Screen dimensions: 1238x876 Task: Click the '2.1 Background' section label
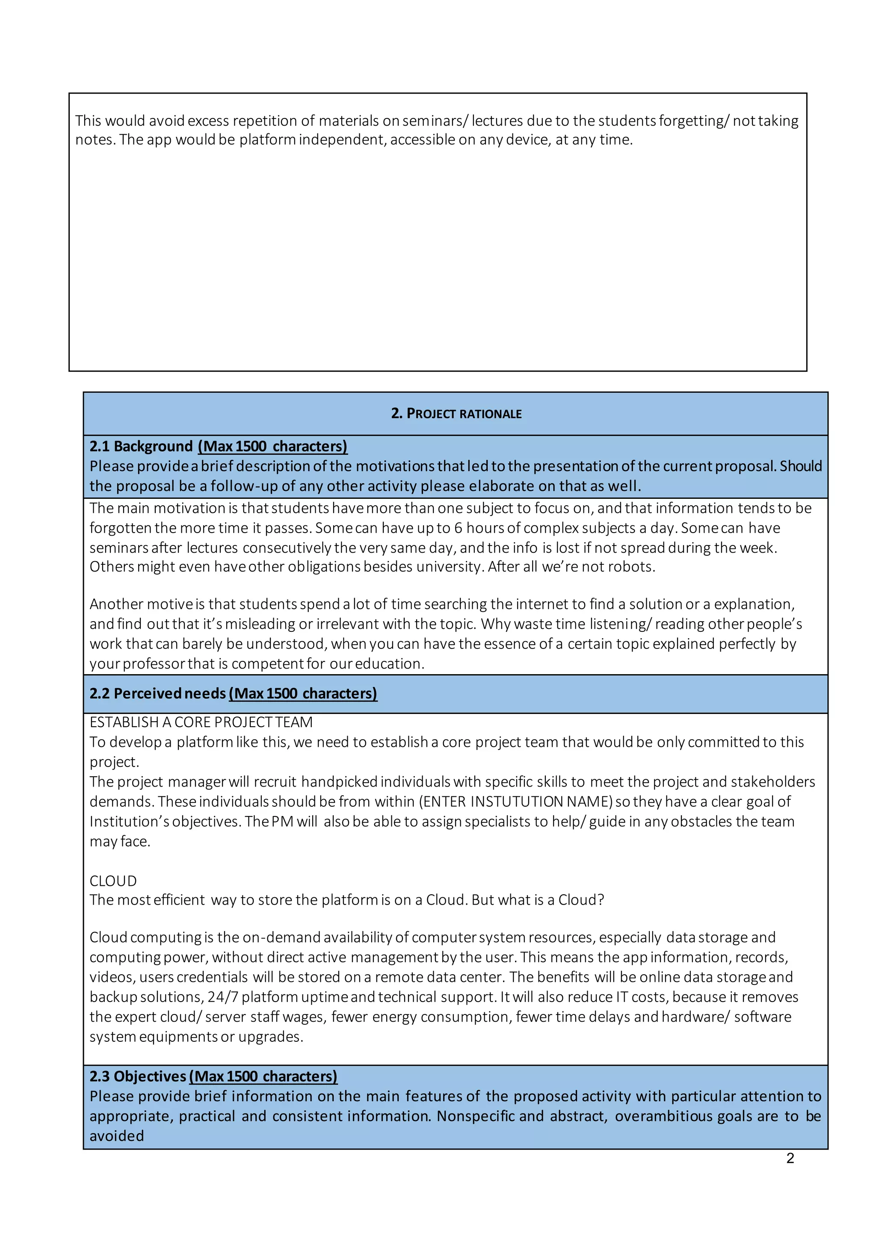tap(141, 446)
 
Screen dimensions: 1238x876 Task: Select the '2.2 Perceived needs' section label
tap(157, 693)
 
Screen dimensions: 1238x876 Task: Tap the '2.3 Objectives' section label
tap(138, 1076)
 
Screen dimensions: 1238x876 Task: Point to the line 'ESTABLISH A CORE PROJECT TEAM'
tap(201, 722)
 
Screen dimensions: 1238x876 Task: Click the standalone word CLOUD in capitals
tap(113, 881)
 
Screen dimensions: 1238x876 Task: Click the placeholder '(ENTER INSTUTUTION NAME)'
tap(516, 802)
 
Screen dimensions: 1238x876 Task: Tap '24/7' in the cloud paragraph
tap(223, 997)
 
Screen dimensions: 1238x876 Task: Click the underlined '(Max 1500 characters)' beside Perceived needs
tap(302, 693)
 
